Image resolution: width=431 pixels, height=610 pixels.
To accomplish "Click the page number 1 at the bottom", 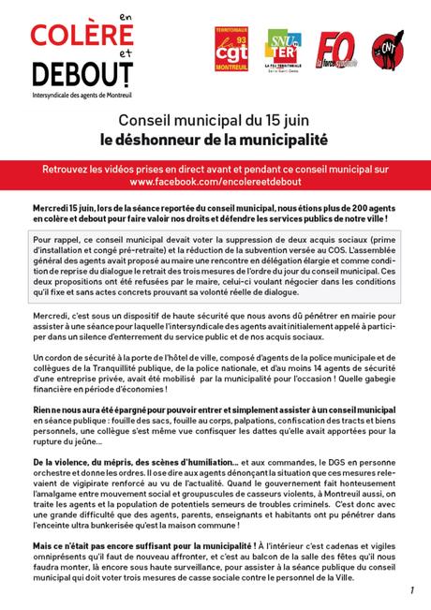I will (410, 590).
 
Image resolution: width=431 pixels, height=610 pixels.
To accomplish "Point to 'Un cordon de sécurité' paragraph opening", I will (71, 359).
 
